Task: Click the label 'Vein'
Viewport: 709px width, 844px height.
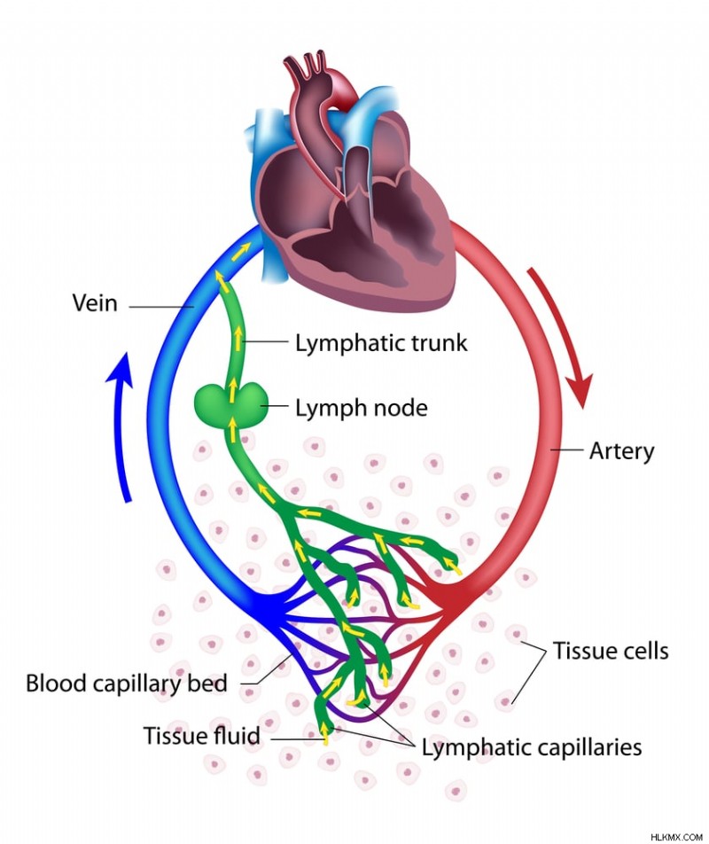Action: coord(95,304)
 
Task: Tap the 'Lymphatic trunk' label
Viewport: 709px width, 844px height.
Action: coord(380,343)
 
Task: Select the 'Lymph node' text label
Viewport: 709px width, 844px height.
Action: coord(361,409)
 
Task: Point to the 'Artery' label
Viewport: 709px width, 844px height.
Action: coord(621,451)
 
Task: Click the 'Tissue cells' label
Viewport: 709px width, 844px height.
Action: coord(611,652)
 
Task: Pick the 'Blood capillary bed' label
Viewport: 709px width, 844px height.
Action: coord(127,684)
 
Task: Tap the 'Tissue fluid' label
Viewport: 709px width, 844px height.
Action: coord(202,736)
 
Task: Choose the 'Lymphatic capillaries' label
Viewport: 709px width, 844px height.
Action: coord(531,747)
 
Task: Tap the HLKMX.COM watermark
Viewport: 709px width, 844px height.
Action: coord(676,834)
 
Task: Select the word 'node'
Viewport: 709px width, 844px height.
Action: coord(399,409)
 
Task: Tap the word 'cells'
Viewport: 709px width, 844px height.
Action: coord(643,652)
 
